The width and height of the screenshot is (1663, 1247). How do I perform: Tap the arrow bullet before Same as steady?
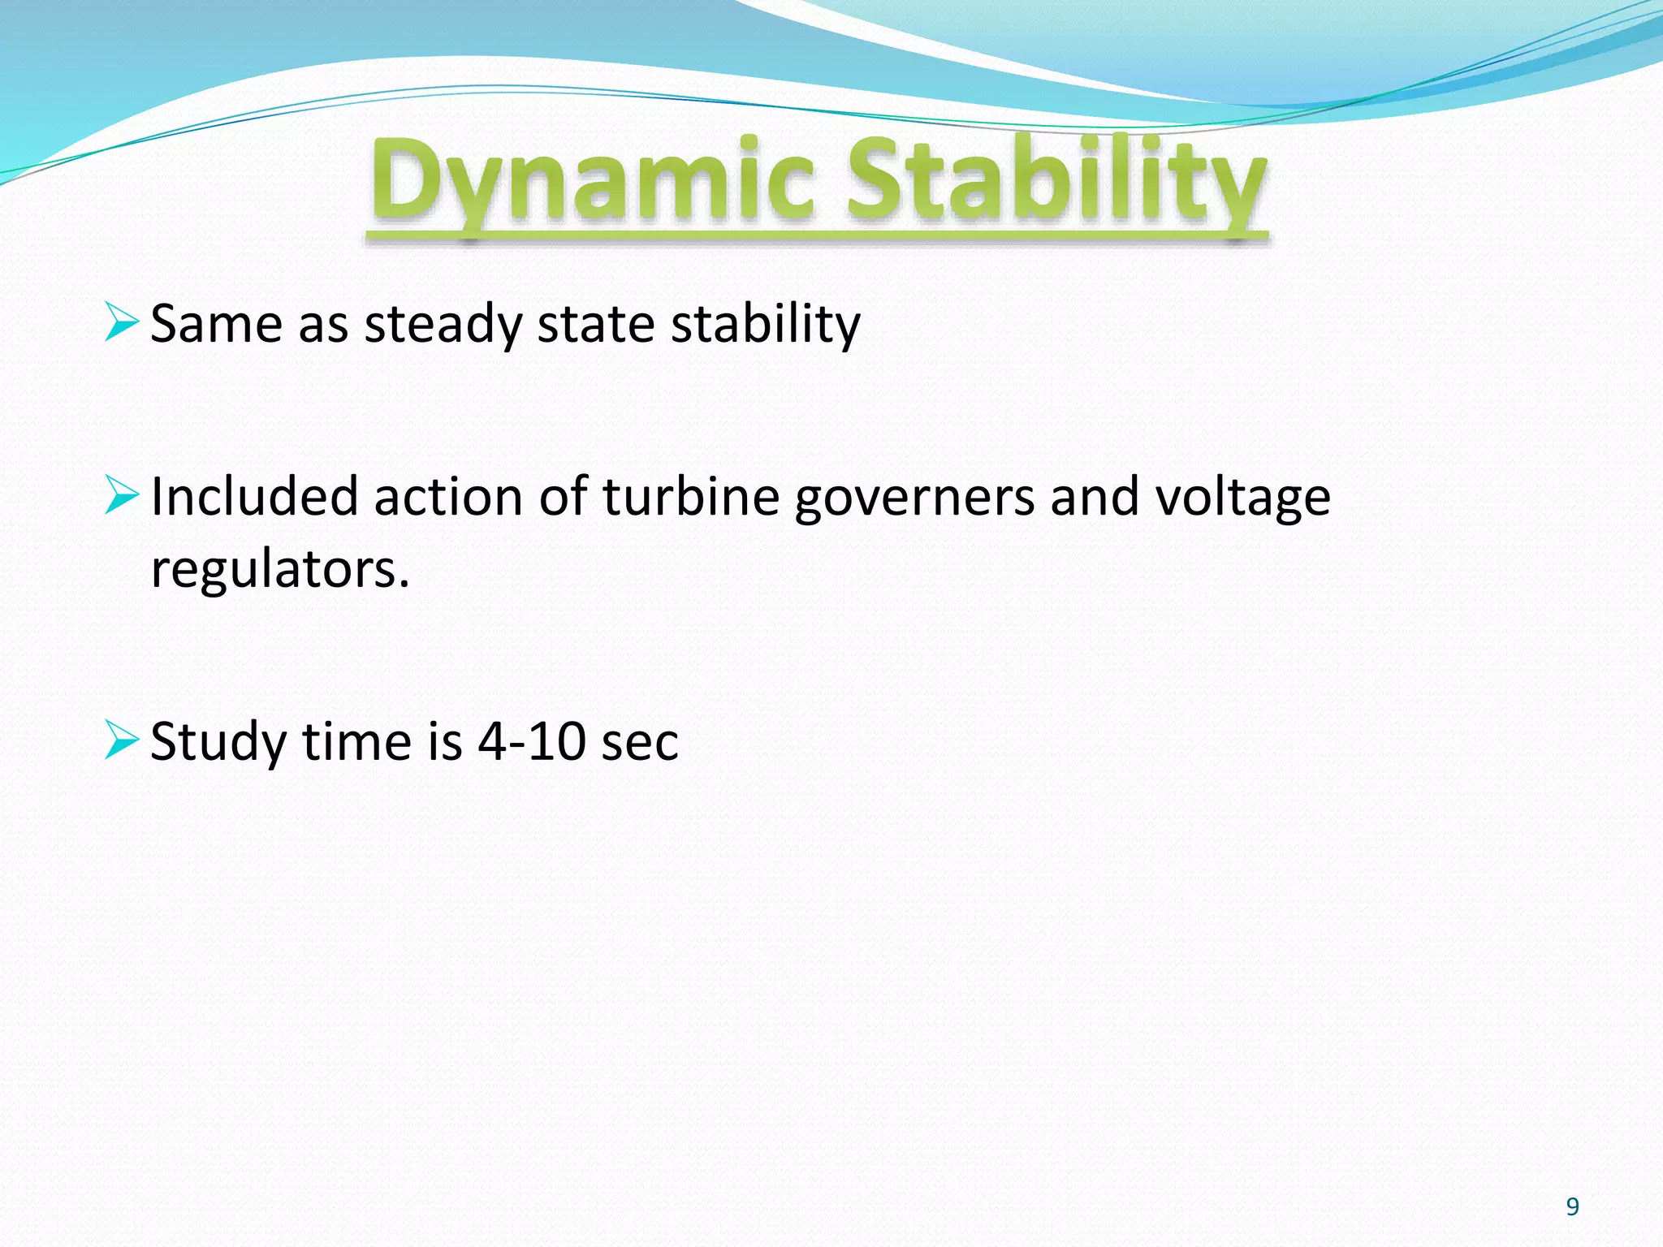tap(122, 322)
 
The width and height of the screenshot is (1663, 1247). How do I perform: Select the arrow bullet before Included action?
tap(122, 495)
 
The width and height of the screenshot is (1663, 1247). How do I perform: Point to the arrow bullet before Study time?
tap(122, 740)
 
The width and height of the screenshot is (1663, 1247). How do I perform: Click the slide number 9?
tap(1572, 1207)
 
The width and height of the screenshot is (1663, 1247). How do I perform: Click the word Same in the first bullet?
tap(216, 324)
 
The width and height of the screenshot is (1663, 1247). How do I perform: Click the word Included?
tap(254, 496)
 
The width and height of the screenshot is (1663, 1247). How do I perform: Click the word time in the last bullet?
tap(356, 741)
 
